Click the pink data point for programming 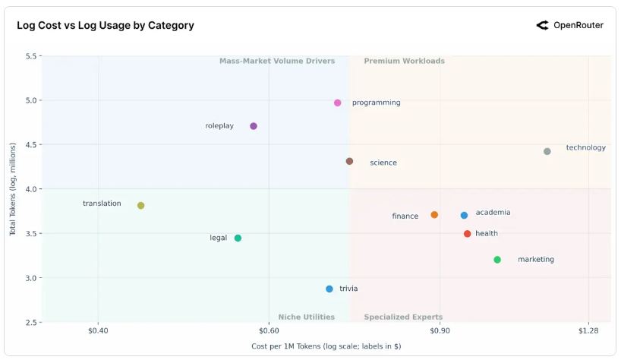pos(338,103)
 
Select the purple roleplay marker pos(254,126)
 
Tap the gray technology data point pos(547,151)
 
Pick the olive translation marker pos(141,206)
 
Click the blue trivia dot pos(329,289)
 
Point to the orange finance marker pos(434,215)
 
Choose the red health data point pos(468,234)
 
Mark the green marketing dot pos(497,260)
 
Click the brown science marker pos(350,161)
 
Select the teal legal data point pos(238,238)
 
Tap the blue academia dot pos(465,216)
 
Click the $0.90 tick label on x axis pos(440,331)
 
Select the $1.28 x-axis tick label pos(588,331)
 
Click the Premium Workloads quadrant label pos(404,61)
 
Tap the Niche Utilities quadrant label pos(306,317)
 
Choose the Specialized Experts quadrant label pos(403,317)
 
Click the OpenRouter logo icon pos(542,25)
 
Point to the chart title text pos(106,25)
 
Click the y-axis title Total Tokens pos(14,189)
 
